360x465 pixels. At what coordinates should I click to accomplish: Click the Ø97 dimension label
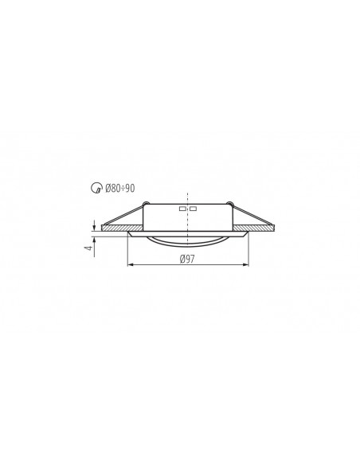click(x=187, y=259)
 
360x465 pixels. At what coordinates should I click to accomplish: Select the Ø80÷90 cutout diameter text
click(x=119, y=188)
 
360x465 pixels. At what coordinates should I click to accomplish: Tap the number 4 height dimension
click(x=89, y=247)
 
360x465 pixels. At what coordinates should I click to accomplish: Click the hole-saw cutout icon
click(x=96, y=188)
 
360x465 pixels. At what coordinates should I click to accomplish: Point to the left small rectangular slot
click(x=182, y=209)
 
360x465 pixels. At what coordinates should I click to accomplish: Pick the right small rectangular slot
click(x=193, y=209)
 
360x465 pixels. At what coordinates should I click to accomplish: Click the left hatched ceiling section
click(x=122, y=228)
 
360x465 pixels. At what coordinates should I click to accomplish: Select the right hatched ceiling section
click(x=254, y=228)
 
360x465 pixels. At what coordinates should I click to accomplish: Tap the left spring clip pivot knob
click(x=145, y=204)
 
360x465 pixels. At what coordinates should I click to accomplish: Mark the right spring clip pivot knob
click(x=229, y=204)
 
